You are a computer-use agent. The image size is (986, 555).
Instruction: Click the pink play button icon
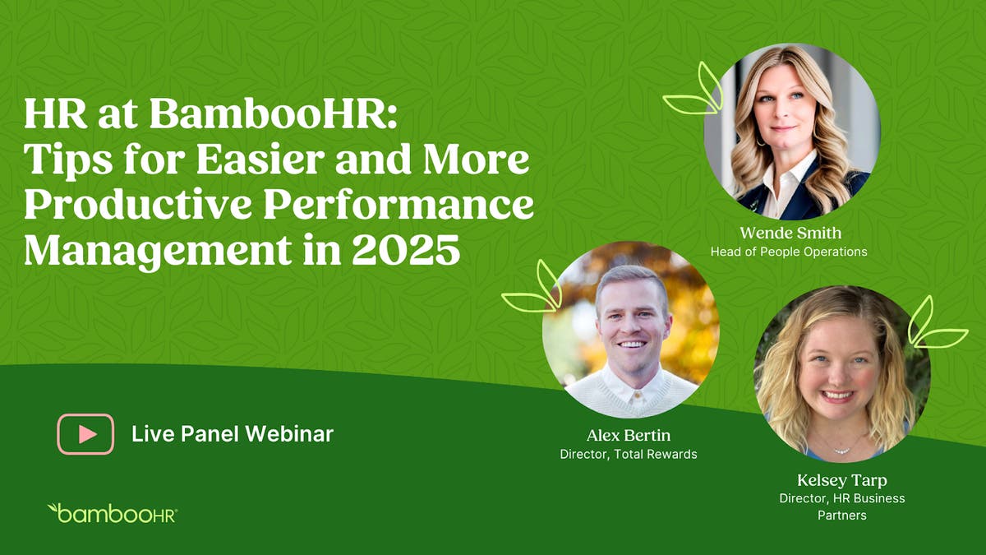point(85,433)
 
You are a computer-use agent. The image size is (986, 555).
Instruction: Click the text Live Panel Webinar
point(233,433)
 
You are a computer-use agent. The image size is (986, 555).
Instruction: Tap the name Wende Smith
point(789,234)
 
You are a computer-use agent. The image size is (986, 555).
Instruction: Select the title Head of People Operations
point(789,252)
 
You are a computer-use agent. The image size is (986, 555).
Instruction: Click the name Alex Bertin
point(629,435)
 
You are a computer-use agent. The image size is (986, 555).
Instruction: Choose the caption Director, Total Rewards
point(629,454)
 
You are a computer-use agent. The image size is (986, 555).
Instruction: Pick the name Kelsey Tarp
point(841,480)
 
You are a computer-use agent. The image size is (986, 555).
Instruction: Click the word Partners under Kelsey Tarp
point(841,516)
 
